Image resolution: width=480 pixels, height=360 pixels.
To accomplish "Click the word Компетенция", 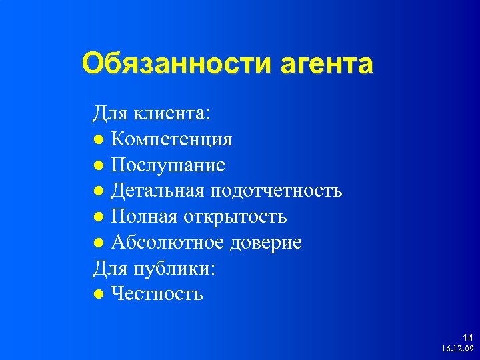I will click(x=171, y=140).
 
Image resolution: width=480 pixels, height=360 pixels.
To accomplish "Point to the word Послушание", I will click(x=168, y=165).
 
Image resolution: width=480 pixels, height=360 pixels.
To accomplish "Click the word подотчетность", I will click(x=277, y=191).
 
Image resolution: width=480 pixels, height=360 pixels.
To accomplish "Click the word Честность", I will click(x=157, y=294).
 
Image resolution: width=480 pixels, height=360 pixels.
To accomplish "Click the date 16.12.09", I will click(x=457, y=349).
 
